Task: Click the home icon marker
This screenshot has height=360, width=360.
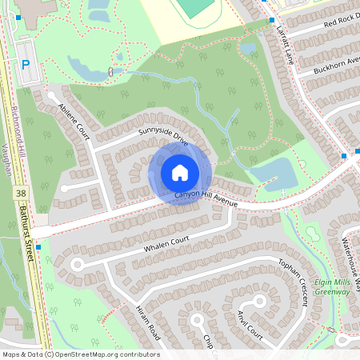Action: pos(179,173)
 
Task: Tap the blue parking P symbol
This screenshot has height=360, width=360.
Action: pos(25,65)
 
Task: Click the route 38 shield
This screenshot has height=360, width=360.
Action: pos(20,194)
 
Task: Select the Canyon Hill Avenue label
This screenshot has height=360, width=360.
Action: pos(206,199)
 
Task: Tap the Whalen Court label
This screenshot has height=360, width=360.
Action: pos(166,244)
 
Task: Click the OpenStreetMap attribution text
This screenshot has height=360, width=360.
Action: pos(81,354)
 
